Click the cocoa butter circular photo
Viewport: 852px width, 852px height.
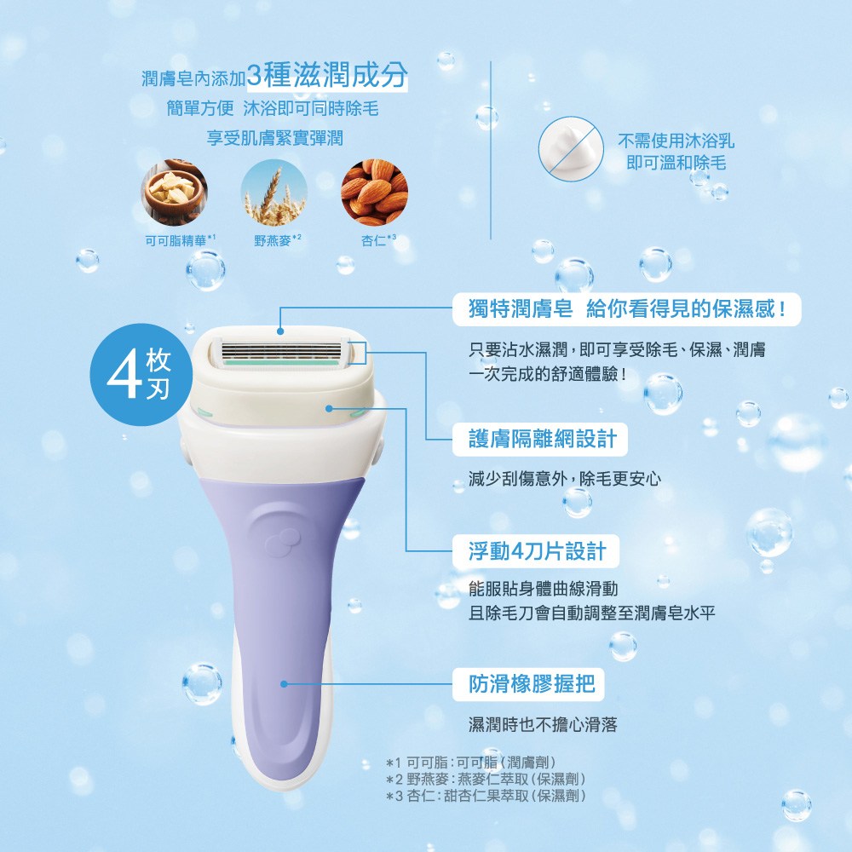pos(175,193)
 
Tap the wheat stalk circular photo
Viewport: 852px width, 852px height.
pos(274,193)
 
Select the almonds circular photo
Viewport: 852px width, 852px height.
pos(374,193)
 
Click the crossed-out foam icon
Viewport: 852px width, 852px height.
pos(571,148)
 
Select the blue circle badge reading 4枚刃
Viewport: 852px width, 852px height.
pos(141,375)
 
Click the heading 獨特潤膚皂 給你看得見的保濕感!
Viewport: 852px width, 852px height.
pos(627,309)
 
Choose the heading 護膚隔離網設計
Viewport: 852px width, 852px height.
pos(543,439)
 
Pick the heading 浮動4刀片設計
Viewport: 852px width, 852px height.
pos(538,551)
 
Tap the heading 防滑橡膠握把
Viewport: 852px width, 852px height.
pos(532,684)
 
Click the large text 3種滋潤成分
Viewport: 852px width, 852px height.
pos(326,75)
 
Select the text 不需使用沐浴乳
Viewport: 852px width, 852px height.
pos(676,141)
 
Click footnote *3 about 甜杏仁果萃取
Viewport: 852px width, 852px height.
pos(486,796)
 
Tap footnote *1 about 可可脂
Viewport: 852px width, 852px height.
pos(471,763)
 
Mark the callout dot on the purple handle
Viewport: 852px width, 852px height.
pos(284,684)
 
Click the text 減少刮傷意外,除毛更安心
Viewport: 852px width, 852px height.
pos(565,479)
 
